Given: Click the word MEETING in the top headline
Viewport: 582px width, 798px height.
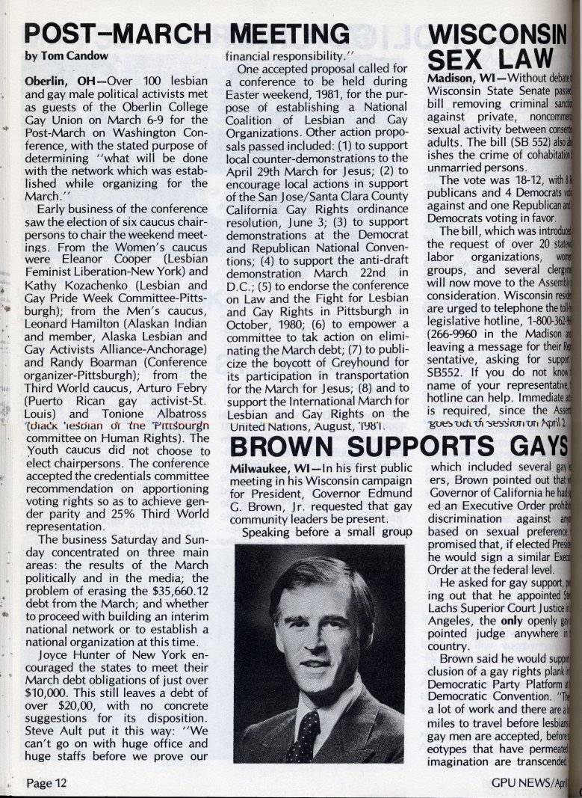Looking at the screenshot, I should coord(292,34).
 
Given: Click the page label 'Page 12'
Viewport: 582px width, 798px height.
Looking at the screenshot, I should coord(47,783).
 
